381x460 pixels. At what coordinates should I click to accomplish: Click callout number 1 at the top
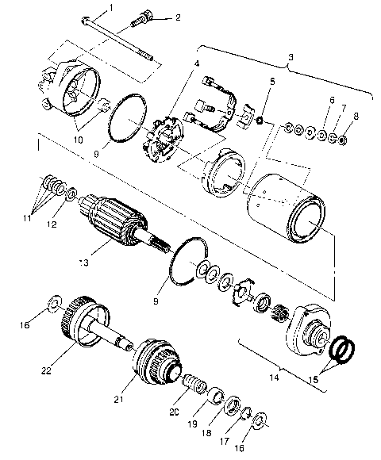pyautogui.click(x=112, y=7)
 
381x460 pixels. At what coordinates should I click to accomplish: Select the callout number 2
pyautogui.click(x=178, y=17)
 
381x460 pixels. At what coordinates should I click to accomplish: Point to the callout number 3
pyautogui.click(x=291, y=59)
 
